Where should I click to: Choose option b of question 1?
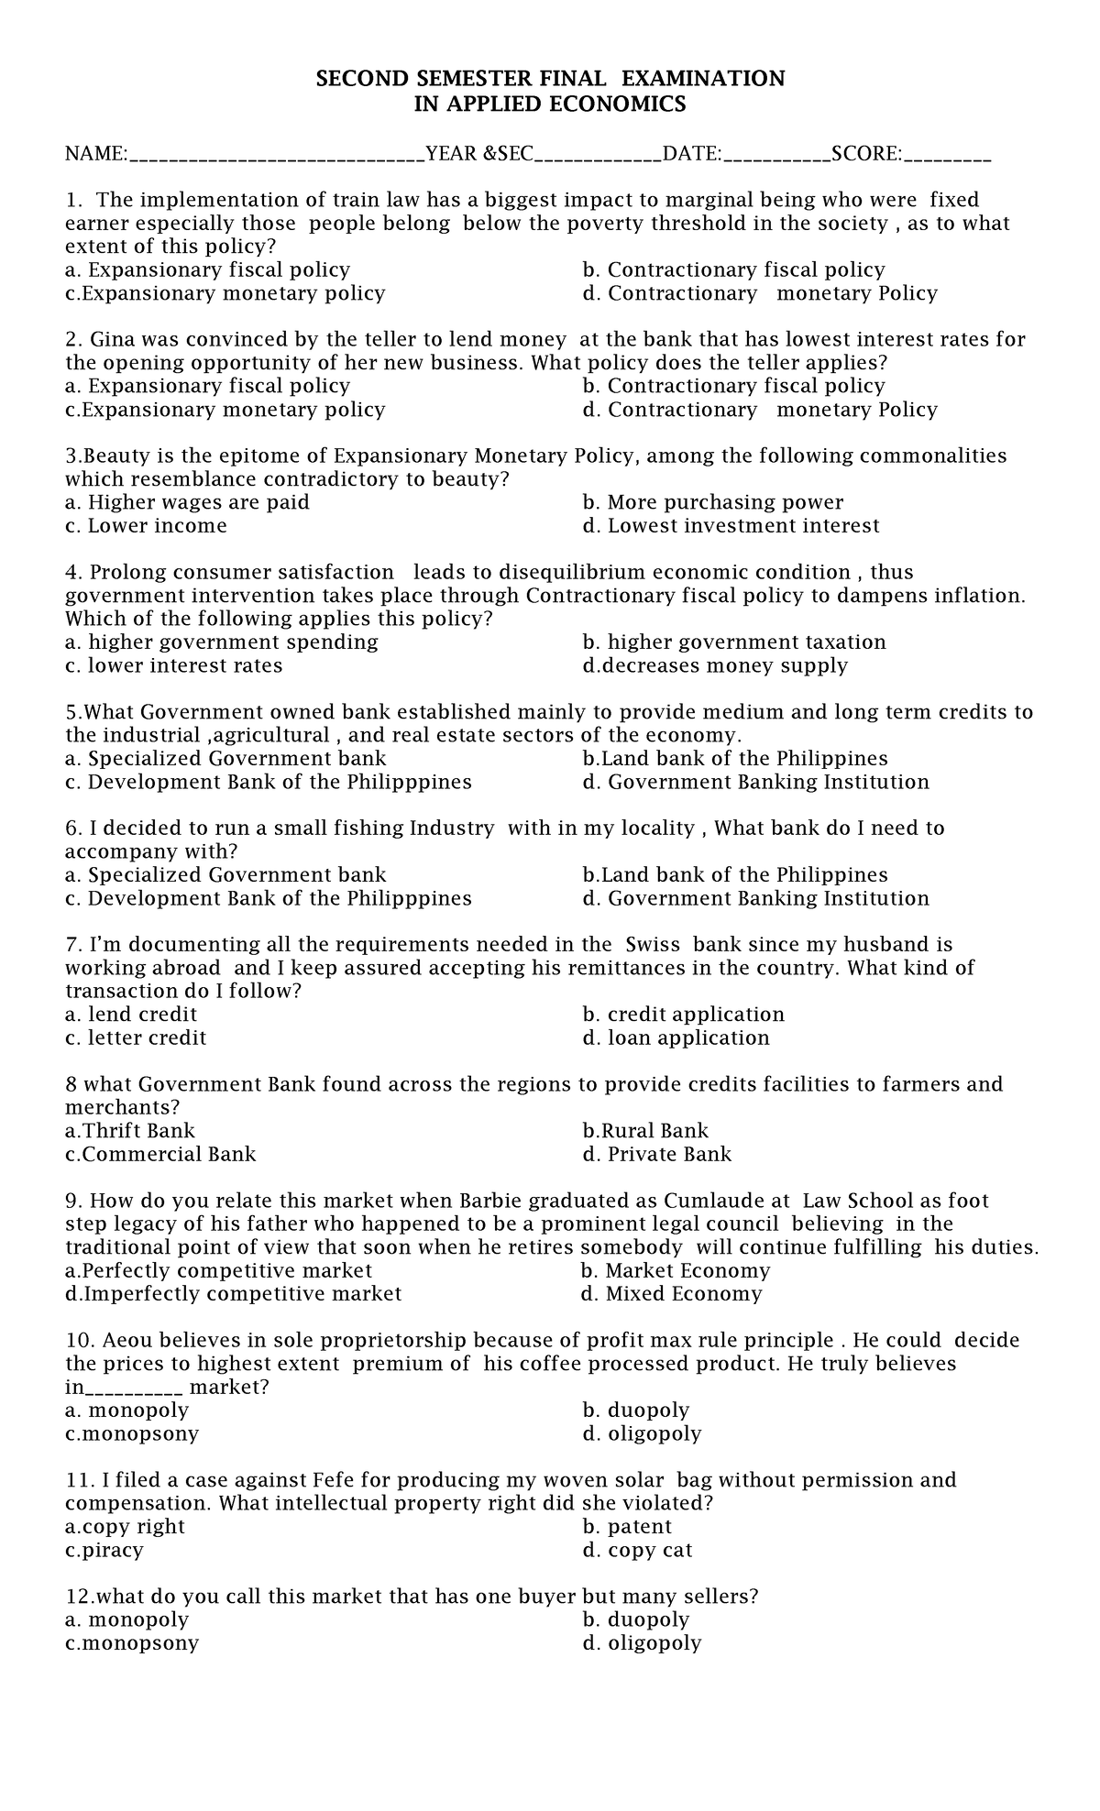[x=733, y=270]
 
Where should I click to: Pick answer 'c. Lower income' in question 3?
[x=146, y=526]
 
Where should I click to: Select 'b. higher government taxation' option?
[x=733, y=642]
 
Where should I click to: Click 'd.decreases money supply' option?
[x=715, y=666]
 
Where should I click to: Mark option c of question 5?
[x=268, y=783]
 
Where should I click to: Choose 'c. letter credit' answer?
[x=136, y=1038]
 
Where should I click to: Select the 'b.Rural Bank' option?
[x=645, y=1132]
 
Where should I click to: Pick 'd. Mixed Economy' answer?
[x=671, y=1295]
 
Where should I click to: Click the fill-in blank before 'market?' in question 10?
[x=133, y=1388]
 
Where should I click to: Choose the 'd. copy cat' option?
[x=637, y=1551]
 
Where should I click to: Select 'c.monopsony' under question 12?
[x=132, y=1643]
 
